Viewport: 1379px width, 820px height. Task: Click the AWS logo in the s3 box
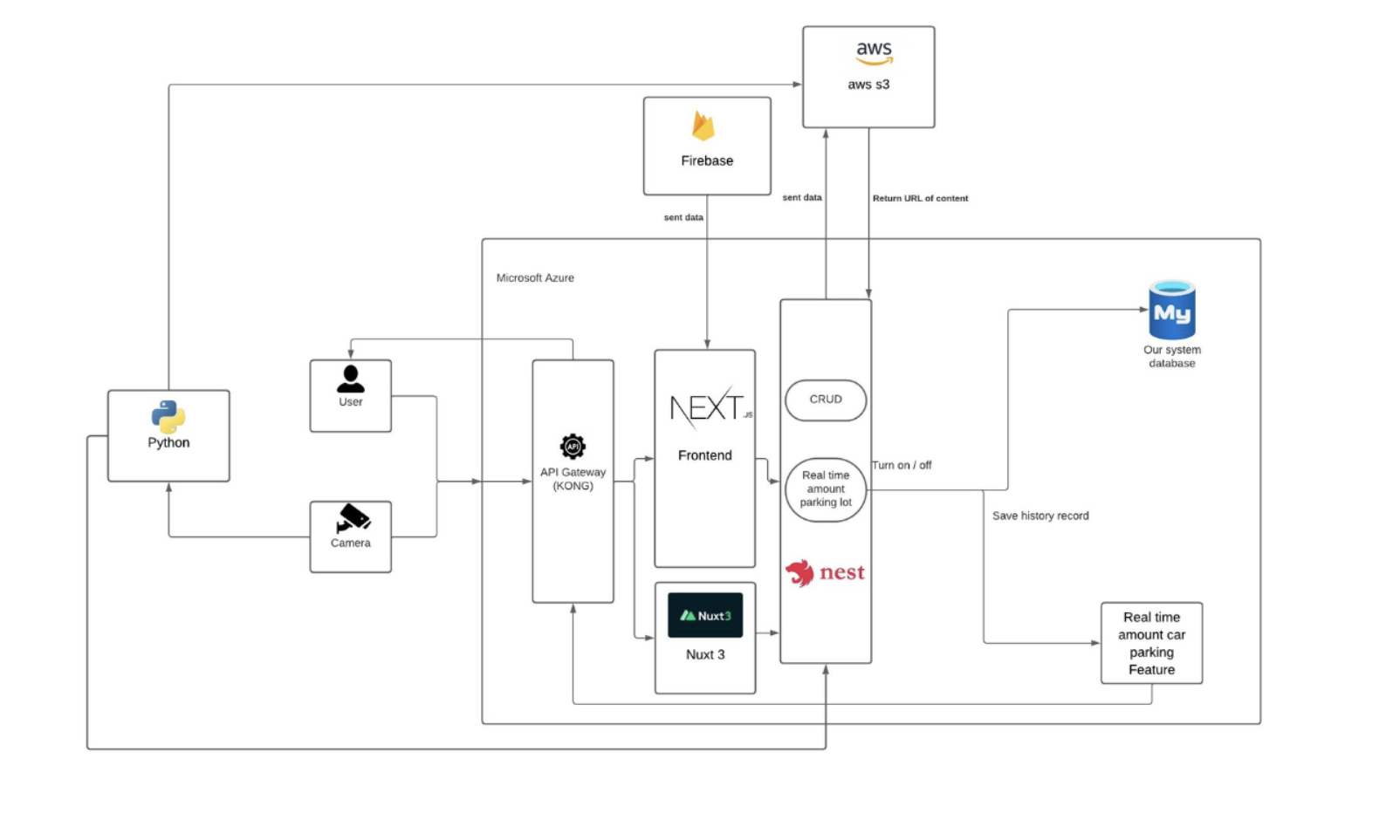pos(874,53)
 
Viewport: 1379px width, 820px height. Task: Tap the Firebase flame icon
pos(703,126)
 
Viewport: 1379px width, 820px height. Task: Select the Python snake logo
pos(168,417)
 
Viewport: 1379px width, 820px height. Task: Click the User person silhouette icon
pos(351,379)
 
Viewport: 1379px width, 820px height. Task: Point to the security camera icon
pos(353,518)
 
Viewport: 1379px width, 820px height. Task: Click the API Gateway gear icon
pos(573,448)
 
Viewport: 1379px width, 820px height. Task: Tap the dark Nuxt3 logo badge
pos(705,616)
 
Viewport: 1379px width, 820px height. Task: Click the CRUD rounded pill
pos(826,400)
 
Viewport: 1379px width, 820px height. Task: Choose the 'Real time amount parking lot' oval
pos(826,489)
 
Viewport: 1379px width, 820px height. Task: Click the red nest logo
pos(825,573)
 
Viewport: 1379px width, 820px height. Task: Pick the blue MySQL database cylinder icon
pos(1171,311)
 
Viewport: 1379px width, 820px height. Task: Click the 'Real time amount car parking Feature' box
pos(1151,644)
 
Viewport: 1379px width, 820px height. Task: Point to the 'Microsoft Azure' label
pos(535,278)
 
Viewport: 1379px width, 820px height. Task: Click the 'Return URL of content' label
pos(920,199)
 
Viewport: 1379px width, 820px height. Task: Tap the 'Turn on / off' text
pos(902,466)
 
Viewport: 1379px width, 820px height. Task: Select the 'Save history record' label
pos(1040,516)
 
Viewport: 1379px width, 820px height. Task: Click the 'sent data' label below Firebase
pos(683,218)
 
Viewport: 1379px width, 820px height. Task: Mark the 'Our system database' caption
pos(1171,357)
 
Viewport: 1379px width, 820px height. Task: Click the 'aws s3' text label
pos(868,85)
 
